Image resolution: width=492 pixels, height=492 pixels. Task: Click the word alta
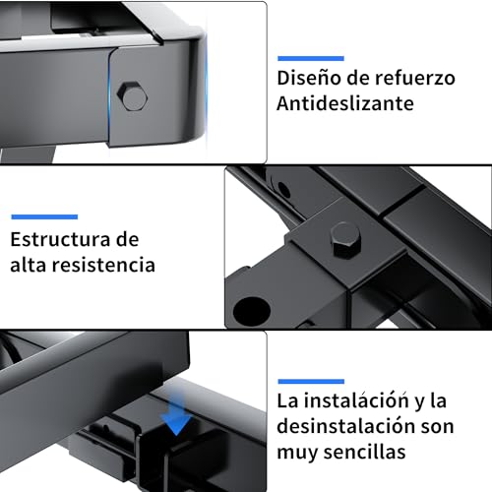[31, 265]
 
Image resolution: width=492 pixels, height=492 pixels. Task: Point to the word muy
[298, 454]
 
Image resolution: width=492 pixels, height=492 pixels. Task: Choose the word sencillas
[375, 454]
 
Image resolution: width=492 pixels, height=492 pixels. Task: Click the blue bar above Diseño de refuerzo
[310, 57]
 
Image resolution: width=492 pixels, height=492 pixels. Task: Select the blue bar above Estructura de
[43, 215]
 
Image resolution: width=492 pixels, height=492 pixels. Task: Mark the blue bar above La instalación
[311, 380]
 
